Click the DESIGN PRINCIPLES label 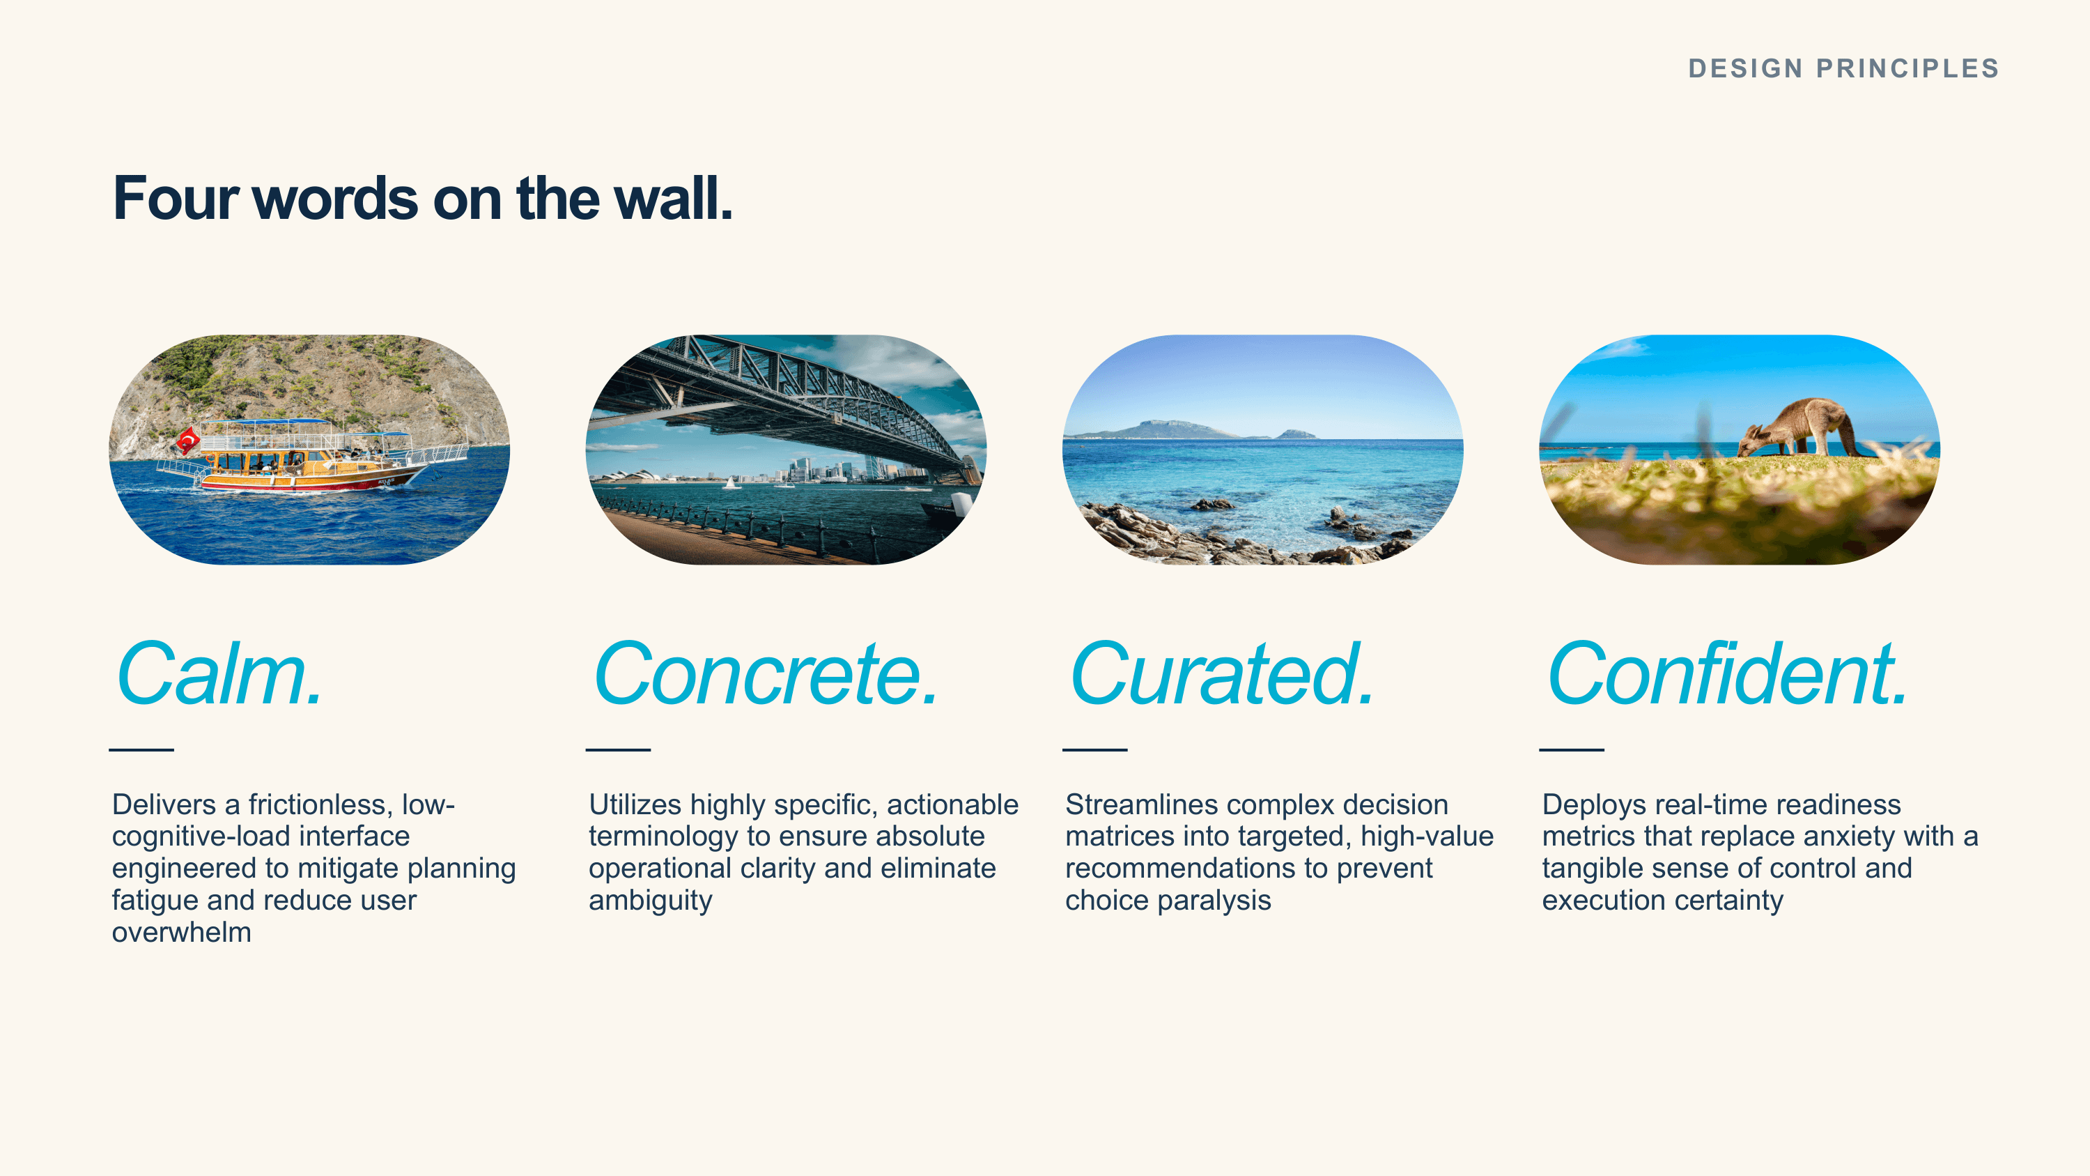coord(1843,68)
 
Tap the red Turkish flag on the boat coord(188,441)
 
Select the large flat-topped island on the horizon coord(1160,429)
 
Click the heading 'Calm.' coord(221,673)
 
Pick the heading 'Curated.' coord(1222,673)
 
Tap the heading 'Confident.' coord(1727,673)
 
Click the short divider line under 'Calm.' coord(141,749)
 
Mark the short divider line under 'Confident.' coord(1572,749)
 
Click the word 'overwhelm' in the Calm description coord(182,932)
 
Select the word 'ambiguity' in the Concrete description coord(651,901)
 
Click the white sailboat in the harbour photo coord(731,483)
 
